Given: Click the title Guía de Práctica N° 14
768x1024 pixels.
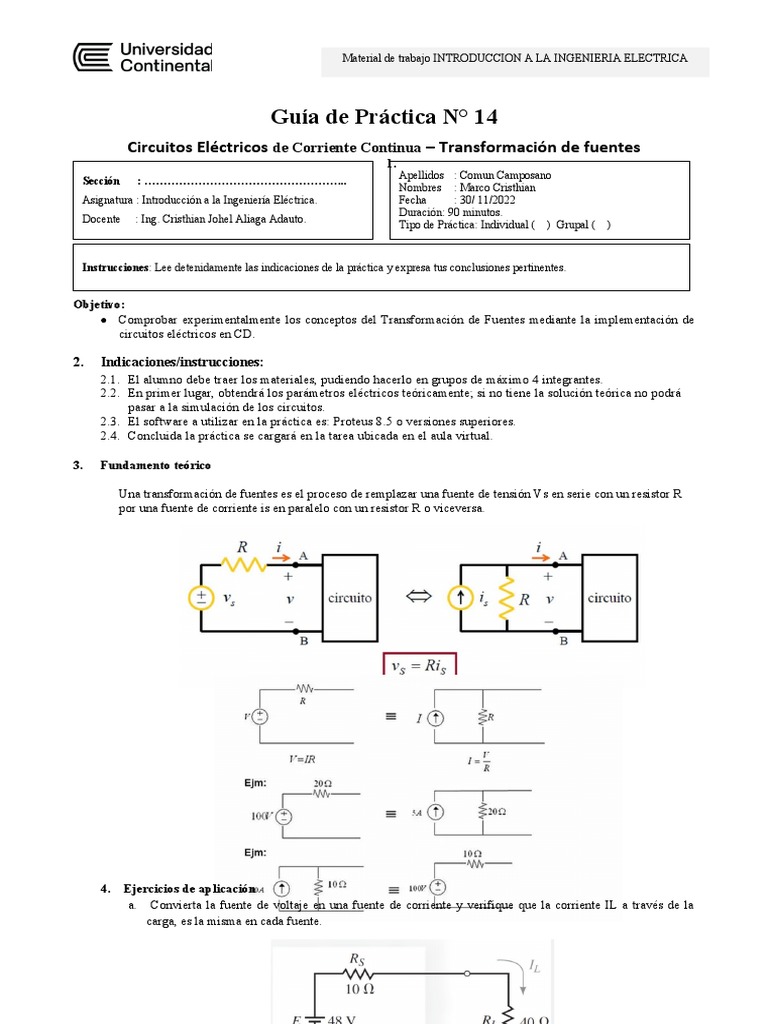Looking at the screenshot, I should pos(384,117).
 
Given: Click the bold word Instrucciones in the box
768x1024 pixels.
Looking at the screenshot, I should pos(116,267).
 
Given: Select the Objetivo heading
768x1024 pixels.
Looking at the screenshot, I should pos(99,303).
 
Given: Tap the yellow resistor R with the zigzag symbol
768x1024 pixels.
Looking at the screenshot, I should pos(242,564).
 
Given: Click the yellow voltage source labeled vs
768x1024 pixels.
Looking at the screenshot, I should pos(201,598).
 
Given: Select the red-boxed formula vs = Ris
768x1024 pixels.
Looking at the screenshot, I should pos(420,666).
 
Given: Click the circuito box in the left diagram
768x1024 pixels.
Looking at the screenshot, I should pos(350,598).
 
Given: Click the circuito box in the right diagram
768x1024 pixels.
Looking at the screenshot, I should pos(609,598).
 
